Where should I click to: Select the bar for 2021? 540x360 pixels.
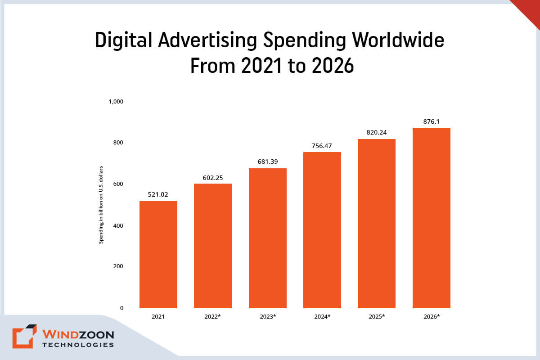pos(158,254)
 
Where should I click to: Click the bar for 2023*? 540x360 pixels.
pos(267,238)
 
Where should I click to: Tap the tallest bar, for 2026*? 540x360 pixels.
pos(431,218)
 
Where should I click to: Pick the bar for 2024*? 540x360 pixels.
pos(322,230)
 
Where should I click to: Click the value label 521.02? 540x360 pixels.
pos(158,195)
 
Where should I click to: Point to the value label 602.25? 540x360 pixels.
pos(213,178)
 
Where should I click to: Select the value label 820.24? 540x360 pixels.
pos(377,132)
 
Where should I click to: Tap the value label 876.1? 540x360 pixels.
pos(431,121)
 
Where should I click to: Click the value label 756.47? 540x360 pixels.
pos(322,146)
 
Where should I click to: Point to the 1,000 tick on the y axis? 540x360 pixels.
pos(116,101)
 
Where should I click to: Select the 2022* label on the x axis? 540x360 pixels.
pos(213,317)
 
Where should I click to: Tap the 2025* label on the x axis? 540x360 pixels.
pos(377,317)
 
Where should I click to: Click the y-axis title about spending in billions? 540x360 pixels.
pos(101,205)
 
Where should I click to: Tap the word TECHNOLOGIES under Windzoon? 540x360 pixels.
pos(78,345)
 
